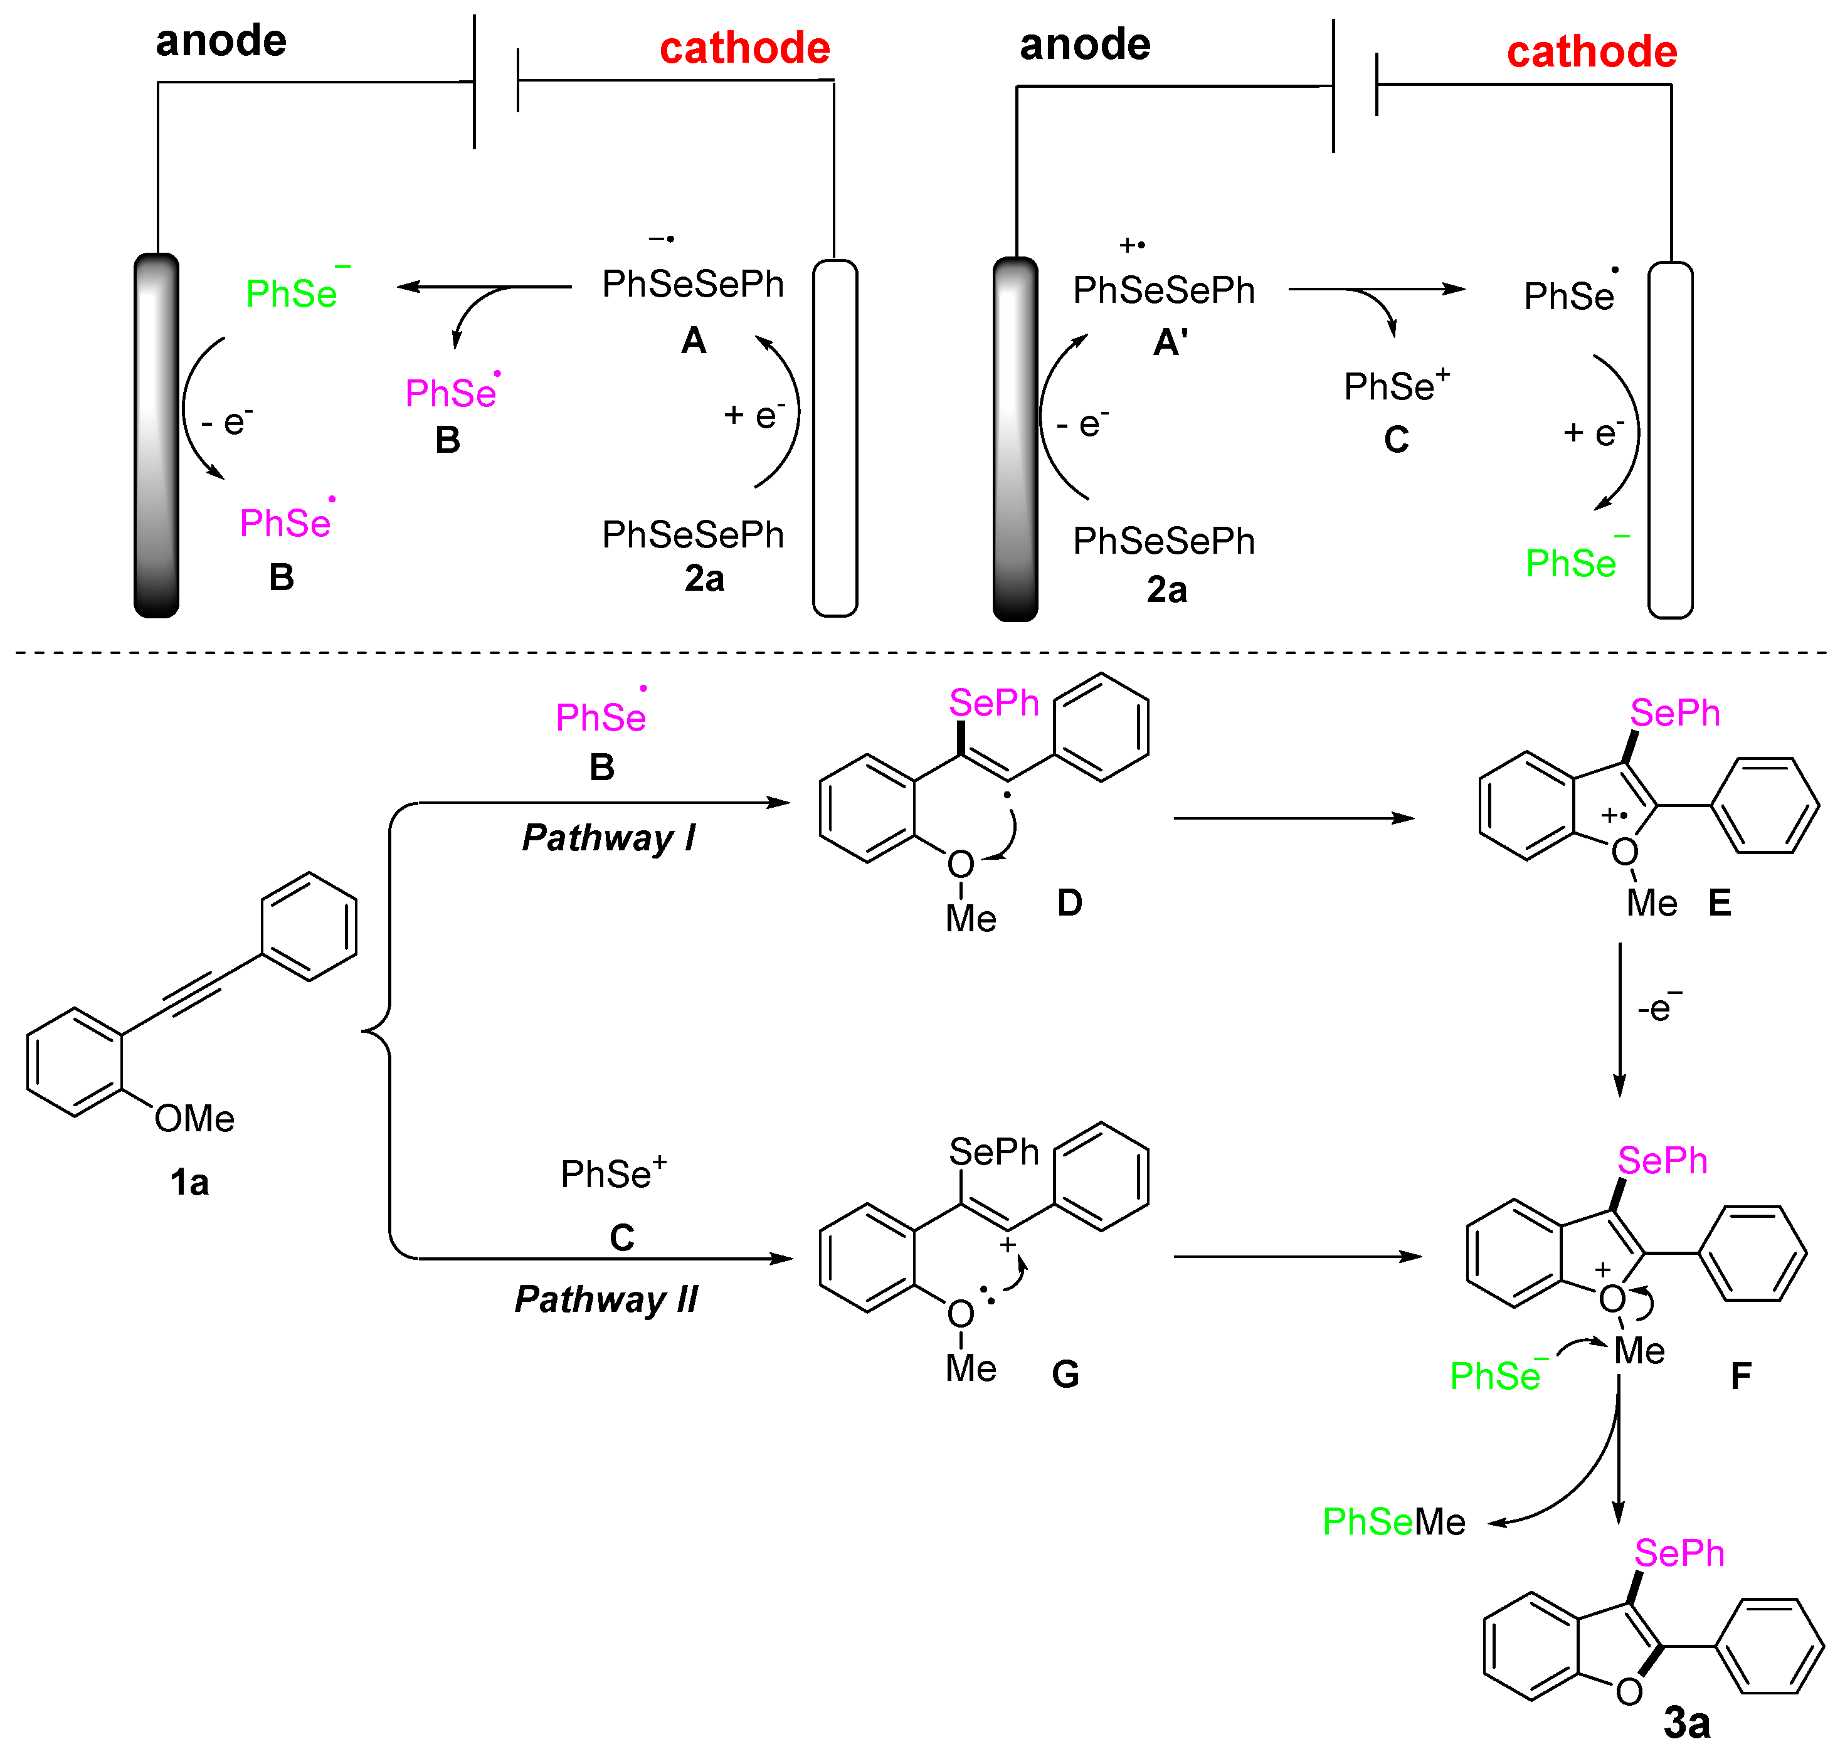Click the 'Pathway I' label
pos(609,838)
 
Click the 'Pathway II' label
pos(606,1299)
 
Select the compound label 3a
pos(1687,1722)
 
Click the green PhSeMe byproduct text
pos(1393,1521)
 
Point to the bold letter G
pos(1065,1375)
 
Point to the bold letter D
pos(1069,903)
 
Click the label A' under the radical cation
pos(1170,343)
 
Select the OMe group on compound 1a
pos(194,1118)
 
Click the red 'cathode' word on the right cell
pos(1592,51)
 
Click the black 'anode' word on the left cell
pos(221,40)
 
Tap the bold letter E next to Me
pos(1720,903)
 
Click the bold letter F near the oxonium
pos(1740,1376)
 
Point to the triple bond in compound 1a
pos(192,994)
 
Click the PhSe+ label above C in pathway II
pos(613,1173)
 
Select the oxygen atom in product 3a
pos(1628,1691)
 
